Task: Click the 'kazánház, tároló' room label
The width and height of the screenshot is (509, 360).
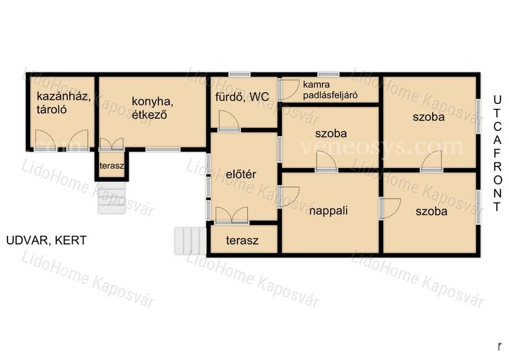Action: pos(64,103)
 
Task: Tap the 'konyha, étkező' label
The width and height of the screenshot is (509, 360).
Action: pos(152,108)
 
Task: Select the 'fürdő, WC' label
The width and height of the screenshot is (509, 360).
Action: pos(242,96)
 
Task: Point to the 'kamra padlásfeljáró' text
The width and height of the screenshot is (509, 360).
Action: pos(330,90)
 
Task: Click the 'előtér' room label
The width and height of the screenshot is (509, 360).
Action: pos(241,174)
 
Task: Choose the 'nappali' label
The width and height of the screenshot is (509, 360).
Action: pos(329,210)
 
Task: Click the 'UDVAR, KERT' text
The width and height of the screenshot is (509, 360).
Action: pos(47,240)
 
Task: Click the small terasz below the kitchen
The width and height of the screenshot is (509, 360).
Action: pos(112,165)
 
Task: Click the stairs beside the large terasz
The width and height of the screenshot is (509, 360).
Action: pos(190,241)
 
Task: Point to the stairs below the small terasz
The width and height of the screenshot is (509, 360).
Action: pos(112,197)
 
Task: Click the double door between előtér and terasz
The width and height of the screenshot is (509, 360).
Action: pos(232,215)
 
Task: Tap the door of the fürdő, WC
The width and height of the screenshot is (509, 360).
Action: pos(229,121)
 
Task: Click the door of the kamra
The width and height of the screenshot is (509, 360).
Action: pos(289,90)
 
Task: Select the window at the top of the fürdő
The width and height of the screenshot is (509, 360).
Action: pos(239,75)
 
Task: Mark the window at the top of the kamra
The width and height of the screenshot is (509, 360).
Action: pos(328,75)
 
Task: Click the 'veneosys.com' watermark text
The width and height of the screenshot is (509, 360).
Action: pos(382,147)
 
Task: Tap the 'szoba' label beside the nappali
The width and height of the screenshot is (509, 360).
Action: pos(432,212)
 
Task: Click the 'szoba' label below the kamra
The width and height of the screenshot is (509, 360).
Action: pos(331,134)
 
